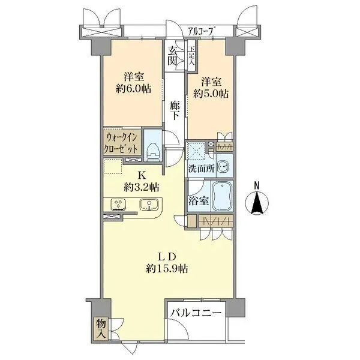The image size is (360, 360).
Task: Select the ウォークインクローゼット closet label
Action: point(123,143)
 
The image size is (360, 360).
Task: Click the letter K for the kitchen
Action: point(142,175)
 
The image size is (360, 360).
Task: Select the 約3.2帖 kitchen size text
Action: point(142,187)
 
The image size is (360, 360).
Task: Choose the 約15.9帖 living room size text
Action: point(167,269)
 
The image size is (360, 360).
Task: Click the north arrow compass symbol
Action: point(258,199)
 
